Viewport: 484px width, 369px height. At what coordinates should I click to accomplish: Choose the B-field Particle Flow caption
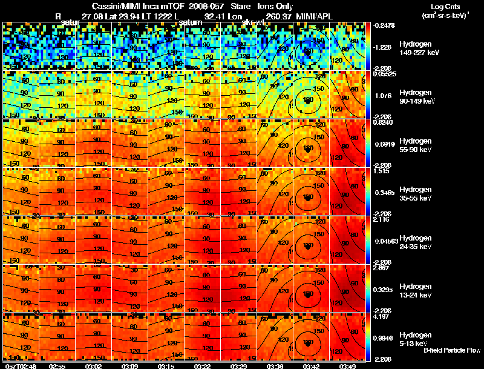pos(452,350)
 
